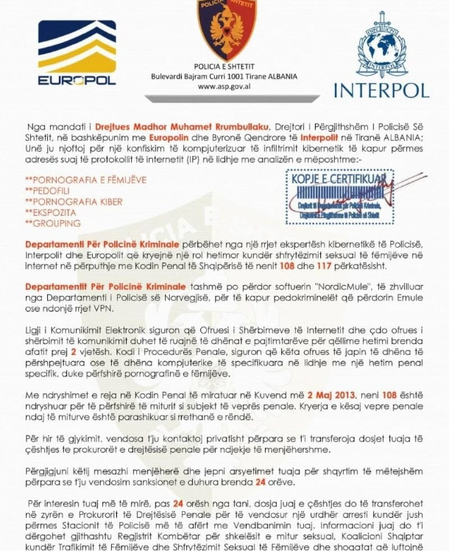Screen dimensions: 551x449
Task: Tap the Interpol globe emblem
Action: click(381, 45)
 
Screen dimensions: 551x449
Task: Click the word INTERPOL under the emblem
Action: click(381, 90)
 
